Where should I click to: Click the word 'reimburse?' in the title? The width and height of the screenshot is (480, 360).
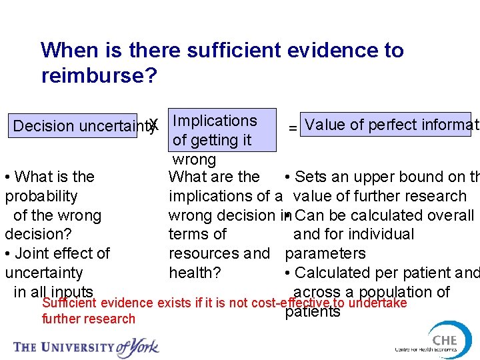[99, 76]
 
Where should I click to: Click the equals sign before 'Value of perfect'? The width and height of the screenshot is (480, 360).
[292, 127]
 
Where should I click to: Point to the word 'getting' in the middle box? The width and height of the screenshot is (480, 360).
[211, 140]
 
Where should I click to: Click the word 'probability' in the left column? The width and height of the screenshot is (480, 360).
[41, 196]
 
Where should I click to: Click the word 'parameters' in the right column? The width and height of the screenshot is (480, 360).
[325, 253]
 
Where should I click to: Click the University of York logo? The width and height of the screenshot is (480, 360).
[86, 346]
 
